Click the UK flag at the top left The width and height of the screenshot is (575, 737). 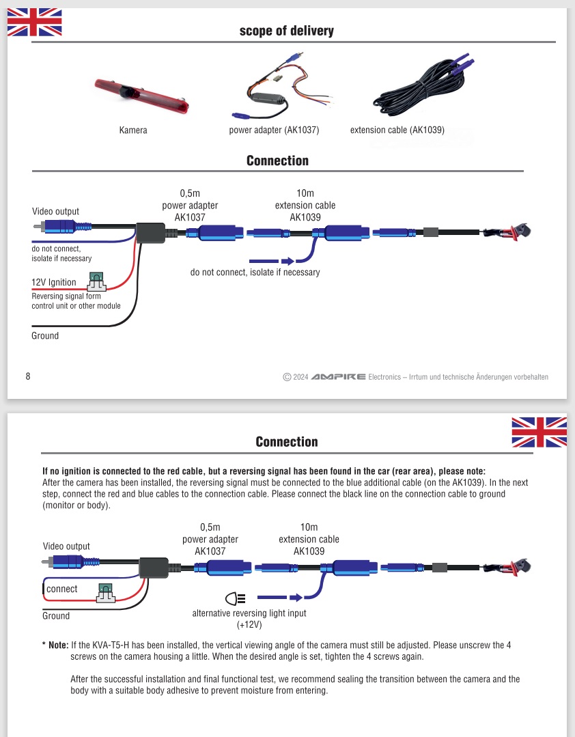click(x=34, y=22)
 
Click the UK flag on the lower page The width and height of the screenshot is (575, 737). click(x=539, y=432)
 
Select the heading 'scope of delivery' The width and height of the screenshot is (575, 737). click(x=287, y=31)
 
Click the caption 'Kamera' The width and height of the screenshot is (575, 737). click(x=133, y=130)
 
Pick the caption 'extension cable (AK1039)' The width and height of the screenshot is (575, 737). click(x=397, y=130)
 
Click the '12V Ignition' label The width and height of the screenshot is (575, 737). click(x=54, y=282)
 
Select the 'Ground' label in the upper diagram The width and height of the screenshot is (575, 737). click(x=45, y=335)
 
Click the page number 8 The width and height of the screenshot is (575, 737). click(x=28, y=376)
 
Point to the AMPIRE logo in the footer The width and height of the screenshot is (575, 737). click(x=338, y=377)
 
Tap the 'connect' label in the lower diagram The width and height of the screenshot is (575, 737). click(x=61, y=589)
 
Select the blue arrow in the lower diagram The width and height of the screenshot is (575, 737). click(x=280, y=599)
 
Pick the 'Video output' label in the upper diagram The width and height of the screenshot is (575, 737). click(x=55, y=211)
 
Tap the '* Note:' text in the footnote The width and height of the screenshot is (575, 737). click(x=55, y=644)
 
